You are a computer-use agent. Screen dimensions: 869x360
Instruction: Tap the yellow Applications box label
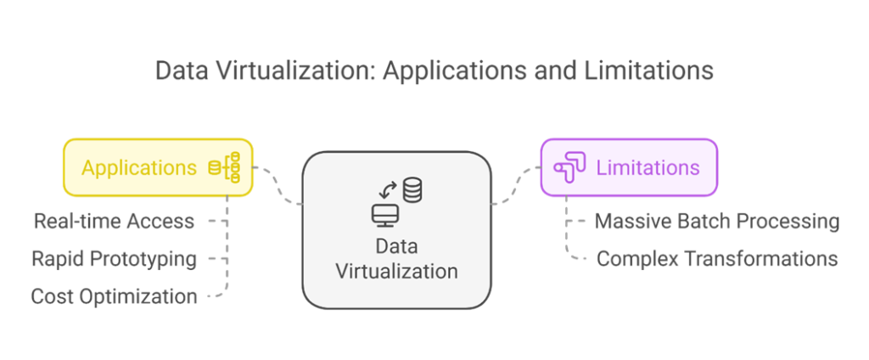(x=139, y=167)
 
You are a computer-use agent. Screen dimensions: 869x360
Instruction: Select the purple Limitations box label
(x=648, y=167)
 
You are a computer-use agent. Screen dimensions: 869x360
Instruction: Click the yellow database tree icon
(x=224, y=167)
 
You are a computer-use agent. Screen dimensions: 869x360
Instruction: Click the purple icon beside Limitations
(x=569, y=167)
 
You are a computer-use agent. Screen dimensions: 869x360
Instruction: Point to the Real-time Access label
(x=115, y=222)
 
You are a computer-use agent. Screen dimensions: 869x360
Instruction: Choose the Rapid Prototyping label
(x=115, y=259)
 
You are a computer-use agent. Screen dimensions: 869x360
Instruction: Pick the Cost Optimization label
(x=115, y=297)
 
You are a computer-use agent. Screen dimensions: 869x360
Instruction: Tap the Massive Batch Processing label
(x=717, y=222)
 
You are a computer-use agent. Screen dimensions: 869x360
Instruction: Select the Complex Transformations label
(x=717, y=258)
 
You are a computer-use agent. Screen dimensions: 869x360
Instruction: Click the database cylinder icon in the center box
(x=412, y=189)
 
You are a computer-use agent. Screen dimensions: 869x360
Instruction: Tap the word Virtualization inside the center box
(x=397, y=272)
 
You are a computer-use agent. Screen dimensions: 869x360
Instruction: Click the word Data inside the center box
(x=397, y=245)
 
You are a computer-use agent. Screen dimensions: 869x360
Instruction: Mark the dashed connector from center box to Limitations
(x=516, y=185)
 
